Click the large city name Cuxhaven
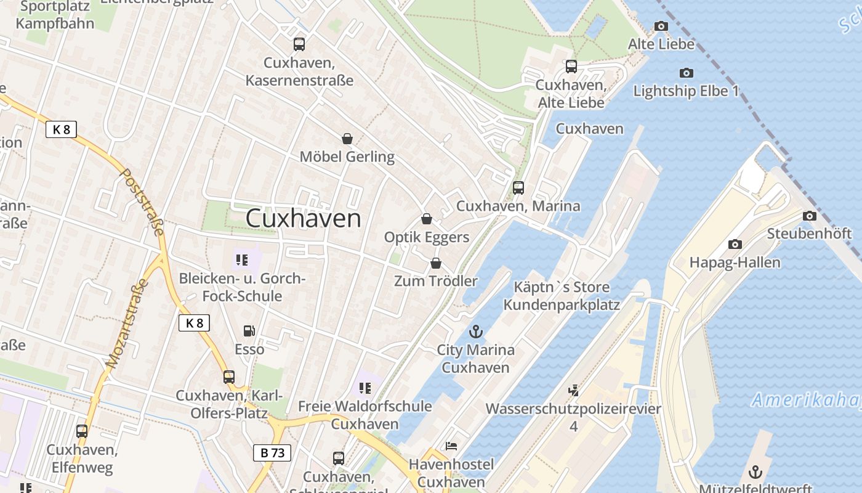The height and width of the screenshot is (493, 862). click(304, 218)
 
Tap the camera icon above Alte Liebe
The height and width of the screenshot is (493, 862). click(661, 26)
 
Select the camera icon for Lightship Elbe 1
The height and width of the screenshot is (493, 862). click(687, 73)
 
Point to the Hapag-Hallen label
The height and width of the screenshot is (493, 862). click(735, 262)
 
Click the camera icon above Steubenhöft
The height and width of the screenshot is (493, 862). click(810, 216)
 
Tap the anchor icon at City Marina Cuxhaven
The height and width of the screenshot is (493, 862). click(475, 332)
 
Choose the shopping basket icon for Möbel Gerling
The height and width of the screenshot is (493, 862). click(347, 139)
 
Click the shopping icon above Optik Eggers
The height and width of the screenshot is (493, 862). click(426, 219)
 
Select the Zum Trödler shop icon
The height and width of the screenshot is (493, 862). click(436, 263)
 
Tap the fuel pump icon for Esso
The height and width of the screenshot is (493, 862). click(249, 331)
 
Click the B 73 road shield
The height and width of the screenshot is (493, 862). click(272, 453)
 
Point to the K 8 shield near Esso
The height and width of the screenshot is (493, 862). click(195, 323)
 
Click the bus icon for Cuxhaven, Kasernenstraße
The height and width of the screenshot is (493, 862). click(299, 44)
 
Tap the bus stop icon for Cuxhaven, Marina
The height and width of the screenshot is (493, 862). click(518, 187)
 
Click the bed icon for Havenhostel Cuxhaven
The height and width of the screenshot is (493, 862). click(451, 446)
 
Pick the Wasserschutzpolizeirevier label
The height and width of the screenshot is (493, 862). click(573, 409)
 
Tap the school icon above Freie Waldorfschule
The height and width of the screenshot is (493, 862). click(365, 388)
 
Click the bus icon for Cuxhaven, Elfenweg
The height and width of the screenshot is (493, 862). click(82, 431)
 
